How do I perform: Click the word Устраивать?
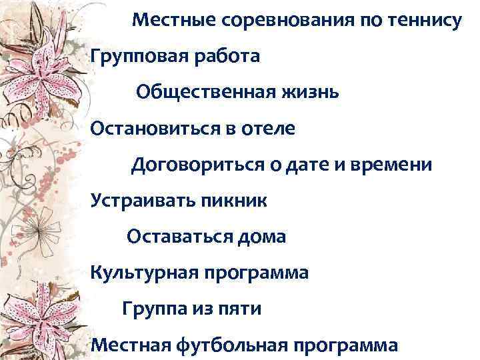pos(139,200)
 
